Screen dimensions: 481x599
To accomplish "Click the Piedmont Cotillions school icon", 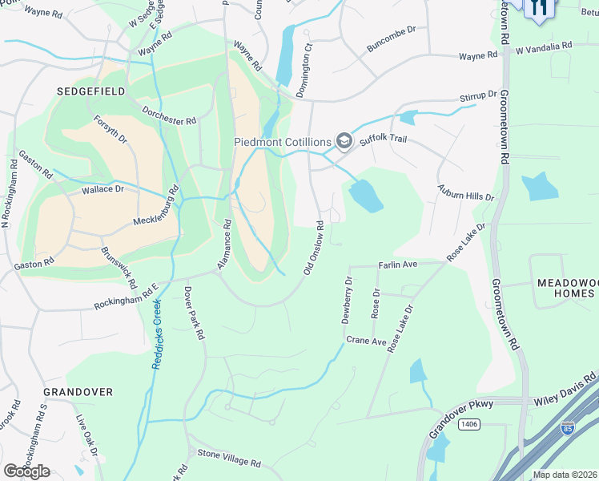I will point(344,142).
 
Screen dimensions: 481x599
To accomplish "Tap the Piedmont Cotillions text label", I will point(283,142).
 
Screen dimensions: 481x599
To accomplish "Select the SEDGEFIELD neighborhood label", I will point(90,91).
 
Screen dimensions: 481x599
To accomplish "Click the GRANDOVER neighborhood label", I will point(78,392).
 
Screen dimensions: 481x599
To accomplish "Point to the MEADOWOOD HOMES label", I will point(565,289).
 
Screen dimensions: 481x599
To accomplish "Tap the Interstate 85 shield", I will point(568,428).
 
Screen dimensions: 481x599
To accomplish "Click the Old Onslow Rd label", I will point(314,248).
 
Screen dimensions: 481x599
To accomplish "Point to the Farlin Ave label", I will point(398,264).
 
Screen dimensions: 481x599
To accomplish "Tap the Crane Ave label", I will point(366,341).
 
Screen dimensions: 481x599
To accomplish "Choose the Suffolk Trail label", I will point(384,139).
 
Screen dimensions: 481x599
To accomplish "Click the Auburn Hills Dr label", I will point(466,192).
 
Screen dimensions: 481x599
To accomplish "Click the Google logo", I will point(26,471).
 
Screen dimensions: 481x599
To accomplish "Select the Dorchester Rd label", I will point(169,115).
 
